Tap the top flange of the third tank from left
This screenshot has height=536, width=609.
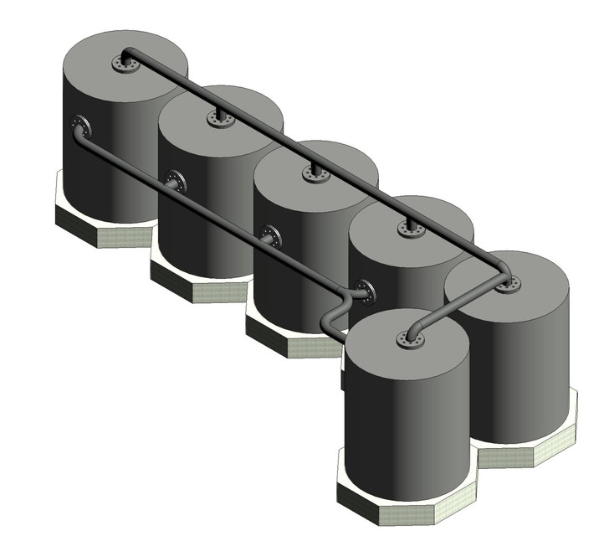click(315, 174)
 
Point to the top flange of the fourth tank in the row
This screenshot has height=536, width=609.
click(411, 228)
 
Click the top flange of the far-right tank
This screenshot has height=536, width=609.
click(507, 285)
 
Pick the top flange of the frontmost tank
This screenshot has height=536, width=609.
click(410, 339)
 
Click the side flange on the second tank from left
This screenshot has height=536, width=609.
click(175, 181)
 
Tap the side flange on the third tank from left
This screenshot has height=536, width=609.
click(271, 236)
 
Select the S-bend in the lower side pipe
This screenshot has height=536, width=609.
click(335, 310)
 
